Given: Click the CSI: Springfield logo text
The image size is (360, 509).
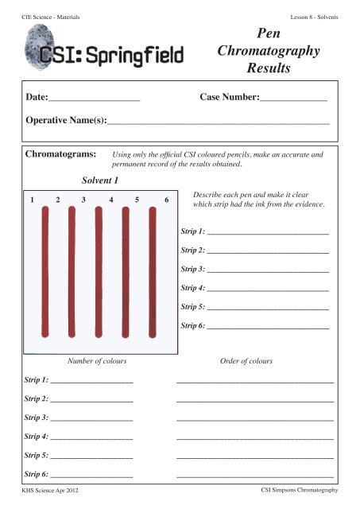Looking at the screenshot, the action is (x=113, y=57).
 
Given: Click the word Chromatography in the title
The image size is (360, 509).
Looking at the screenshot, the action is (x=268, y=52).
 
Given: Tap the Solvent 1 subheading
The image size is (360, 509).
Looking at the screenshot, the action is (x=100, y=181).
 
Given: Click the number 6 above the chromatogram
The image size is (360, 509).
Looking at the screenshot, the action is (x=166, y=200).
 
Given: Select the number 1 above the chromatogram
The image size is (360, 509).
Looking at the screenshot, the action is (x=31, y=200).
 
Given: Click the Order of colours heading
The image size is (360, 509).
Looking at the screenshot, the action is (x=246, y=361).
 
